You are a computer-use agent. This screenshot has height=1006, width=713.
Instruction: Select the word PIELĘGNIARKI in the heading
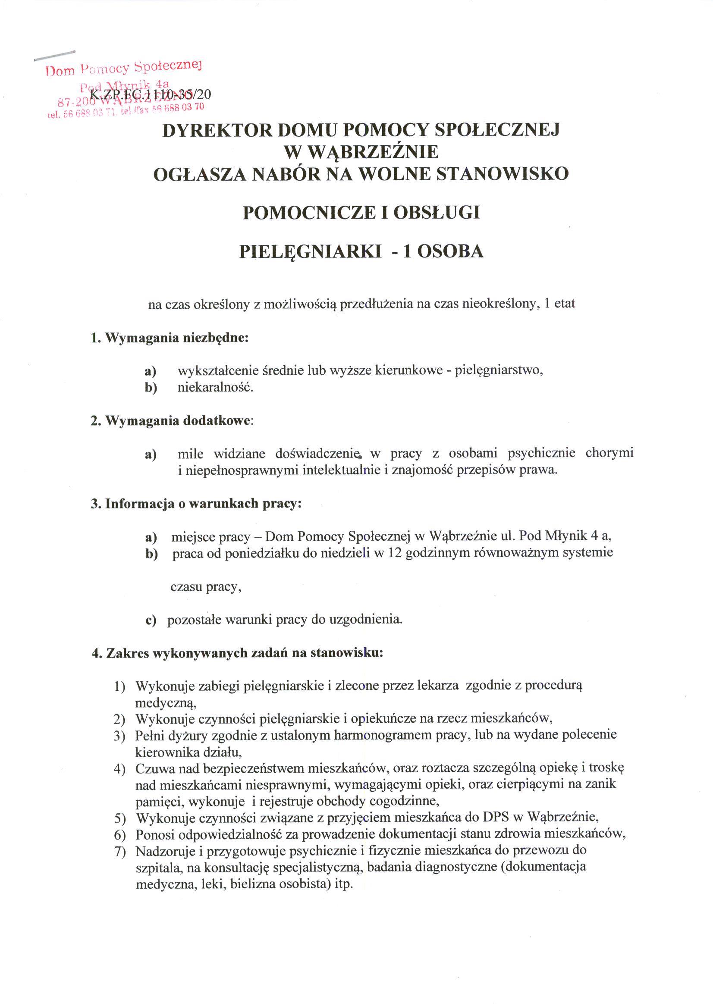coord(311,251)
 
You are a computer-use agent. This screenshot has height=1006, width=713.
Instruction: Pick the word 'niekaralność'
coord(215,388)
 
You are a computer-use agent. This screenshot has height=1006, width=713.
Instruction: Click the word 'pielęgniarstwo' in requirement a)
coord(499,370)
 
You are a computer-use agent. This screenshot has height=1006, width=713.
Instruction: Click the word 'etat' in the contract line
coord(565,304)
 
